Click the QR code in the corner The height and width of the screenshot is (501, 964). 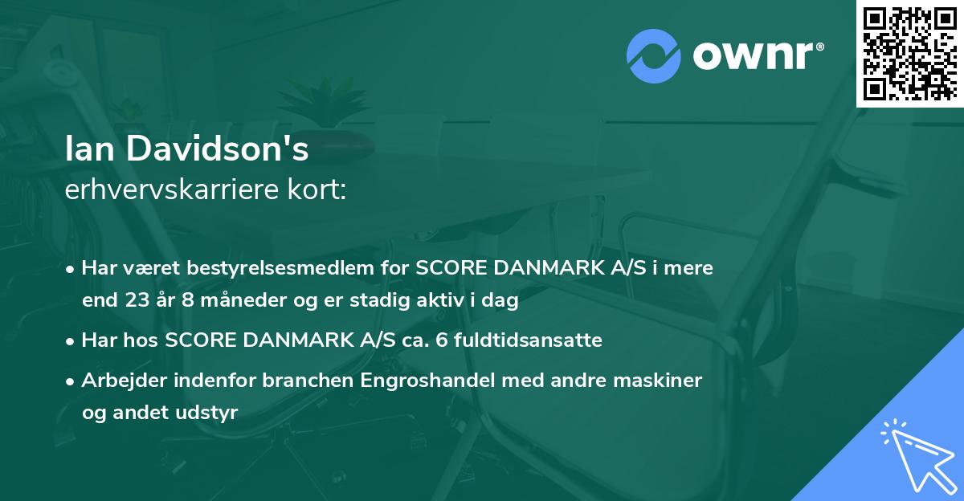(x=909, y=53)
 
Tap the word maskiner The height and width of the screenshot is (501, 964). (x=664, y=380)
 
